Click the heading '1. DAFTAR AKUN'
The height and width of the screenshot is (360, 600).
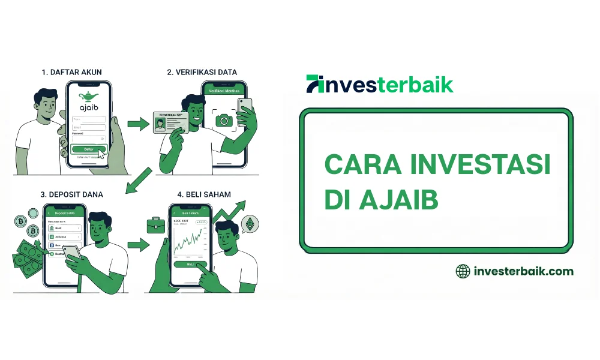point(71,72)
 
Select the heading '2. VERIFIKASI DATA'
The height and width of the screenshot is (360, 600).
point(202,72)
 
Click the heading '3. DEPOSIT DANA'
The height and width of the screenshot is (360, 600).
point(71,194)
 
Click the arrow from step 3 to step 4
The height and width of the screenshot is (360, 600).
point(139,245)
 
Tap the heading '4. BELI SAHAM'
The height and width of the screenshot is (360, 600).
point(204,194)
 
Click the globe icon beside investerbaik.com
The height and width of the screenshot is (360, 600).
point(463,271)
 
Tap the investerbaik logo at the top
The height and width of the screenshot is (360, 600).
point(379,84)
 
